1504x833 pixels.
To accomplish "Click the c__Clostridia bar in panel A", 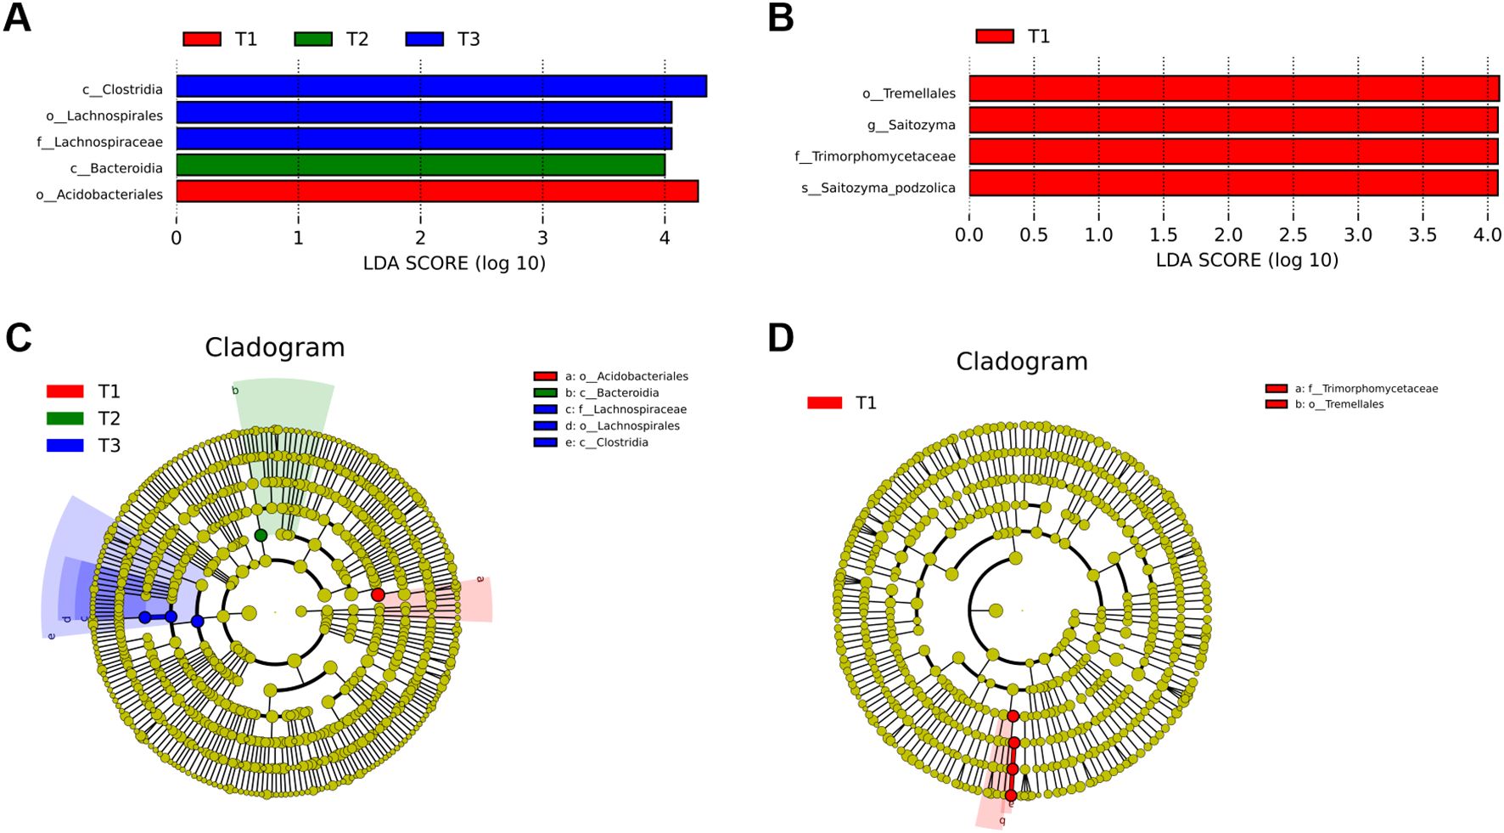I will (x=441, y=87).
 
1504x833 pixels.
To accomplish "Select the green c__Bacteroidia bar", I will (x=420, y=165).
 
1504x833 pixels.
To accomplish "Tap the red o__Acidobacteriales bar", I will (x=437, y=191).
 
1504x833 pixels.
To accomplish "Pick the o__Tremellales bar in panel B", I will (x=1234, y=88).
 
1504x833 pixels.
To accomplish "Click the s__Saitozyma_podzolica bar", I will (x=1233, y=183).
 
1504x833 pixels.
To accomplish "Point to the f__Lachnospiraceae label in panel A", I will (x=99, y=142).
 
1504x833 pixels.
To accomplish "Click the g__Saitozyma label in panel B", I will (x=911, y=125).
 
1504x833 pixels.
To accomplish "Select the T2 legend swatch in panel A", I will (x=313, y=39).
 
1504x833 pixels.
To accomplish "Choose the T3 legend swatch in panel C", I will (x=65, y=445).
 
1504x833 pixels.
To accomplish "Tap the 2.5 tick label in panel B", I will (x=1293, y=235).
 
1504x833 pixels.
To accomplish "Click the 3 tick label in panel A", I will (x=542, y=239).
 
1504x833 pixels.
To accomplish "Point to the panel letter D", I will (x=780, y=338).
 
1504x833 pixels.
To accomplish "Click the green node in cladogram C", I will (x=261, y=535).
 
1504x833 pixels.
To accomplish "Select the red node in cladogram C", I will (x=378, y=594).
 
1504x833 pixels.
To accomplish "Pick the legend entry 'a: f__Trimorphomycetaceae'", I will (x=1366, y=388).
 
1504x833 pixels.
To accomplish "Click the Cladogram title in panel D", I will (x=1021, y=361).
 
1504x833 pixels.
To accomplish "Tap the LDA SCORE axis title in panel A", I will (x=454, y=263).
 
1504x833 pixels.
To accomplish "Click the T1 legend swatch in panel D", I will (x=824, y=402).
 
